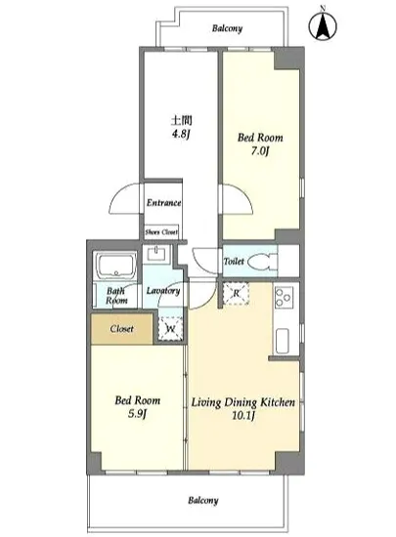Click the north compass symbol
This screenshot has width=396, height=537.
pyautogui.click(x=323, y=24)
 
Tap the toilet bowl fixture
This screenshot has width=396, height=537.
pyautogui.click(x=262, y=262)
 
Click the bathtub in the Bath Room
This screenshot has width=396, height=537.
pyautogui.click(x=116, y=266)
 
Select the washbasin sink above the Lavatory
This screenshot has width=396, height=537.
pyautogui.click(x=157, y=254)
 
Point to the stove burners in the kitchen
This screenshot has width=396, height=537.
pyautogui.click(x=285, y=298)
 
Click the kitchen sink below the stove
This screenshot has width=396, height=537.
pyautogui.click(x=283, y=342)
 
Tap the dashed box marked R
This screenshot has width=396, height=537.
pyautogui.click(x=236, y=294)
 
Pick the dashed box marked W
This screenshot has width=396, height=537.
pyautogui.click(x=170, y=329)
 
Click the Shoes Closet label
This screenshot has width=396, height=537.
pyautogui.click(x=161, y=232)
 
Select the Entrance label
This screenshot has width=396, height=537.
pyautogui.click(x=163, y=203)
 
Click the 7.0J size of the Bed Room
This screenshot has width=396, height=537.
pyautogui.click(x=259, y=151)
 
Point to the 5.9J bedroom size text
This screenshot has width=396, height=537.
pyautogui.click(x=137, y=414)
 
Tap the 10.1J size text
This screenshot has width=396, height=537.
pyautogui.click(x=243, y=416)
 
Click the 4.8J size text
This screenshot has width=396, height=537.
pyautogui.click(x=181, y=134)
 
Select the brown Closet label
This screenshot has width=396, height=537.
pyautogui.click(x=121, y=329)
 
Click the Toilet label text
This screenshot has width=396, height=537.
pyautogui.click(x=234, y=262)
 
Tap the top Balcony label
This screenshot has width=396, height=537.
pyautogui.click(x=227, y=28)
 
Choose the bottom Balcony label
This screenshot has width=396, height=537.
pyautogui.click(x=203, y=500)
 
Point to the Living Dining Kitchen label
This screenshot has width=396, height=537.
pyautogui.click(x=242, y=402)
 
